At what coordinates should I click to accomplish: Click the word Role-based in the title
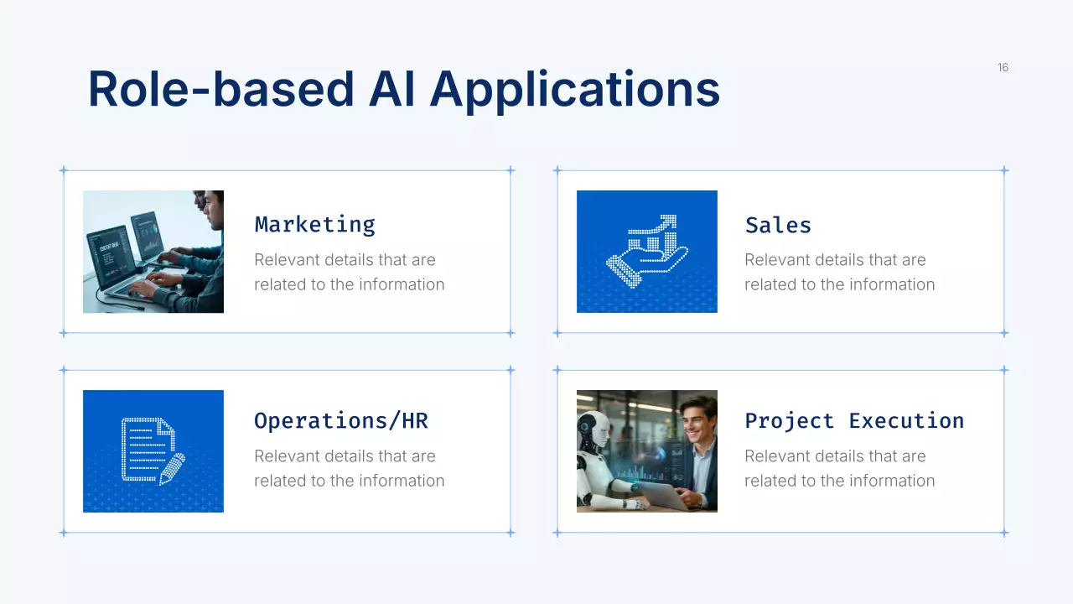[x=220, y=89]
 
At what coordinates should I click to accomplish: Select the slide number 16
[x=1003, y=67]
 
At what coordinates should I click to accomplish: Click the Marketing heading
[x=314, y=225]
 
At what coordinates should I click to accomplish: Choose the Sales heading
[x=778, y=225]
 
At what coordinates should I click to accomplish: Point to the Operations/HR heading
[x=340, y=421]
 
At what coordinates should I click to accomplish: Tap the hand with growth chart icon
[x=646, y=252]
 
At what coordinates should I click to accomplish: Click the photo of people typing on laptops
[x=153, y=252]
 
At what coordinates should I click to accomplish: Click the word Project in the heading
[x=789, y=421]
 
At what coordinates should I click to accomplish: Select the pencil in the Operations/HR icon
[x=173, y=468]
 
